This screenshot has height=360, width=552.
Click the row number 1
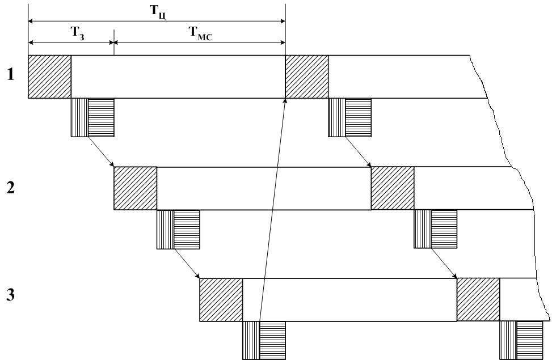[x=10, y=75]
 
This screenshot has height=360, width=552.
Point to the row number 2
[x=10, y=188]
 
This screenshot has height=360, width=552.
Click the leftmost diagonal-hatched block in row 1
[x=49, y=77]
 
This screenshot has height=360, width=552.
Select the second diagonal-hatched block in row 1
[x=306, y=77]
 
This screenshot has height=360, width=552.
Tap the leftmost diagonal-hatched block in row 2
[x=135, y=188]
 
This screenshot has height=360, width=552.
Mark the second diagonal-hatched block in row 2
[x=392, y=188]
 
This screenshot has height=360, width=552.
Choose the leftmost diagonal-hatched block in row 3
[x=221, y=300]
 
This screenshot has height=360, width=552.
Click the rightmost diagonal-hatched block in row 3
[x=478, y=300]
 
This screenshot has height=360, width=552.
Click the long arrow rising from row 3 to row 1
[x=273, y=210]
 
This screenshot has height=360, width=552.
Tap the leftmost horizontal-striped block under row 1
[x=101, y=117]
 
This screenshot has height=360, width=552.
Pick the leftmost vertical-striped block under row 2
[x=165, y=230]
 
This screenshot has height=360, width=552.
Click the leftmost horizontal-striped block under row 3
[x=272, y=340]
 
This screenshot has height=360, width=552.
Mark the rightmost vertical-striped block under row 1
[x=336, y=117]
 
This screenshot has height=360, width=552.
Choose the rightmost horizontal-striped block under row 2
[x=444, y=230]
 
